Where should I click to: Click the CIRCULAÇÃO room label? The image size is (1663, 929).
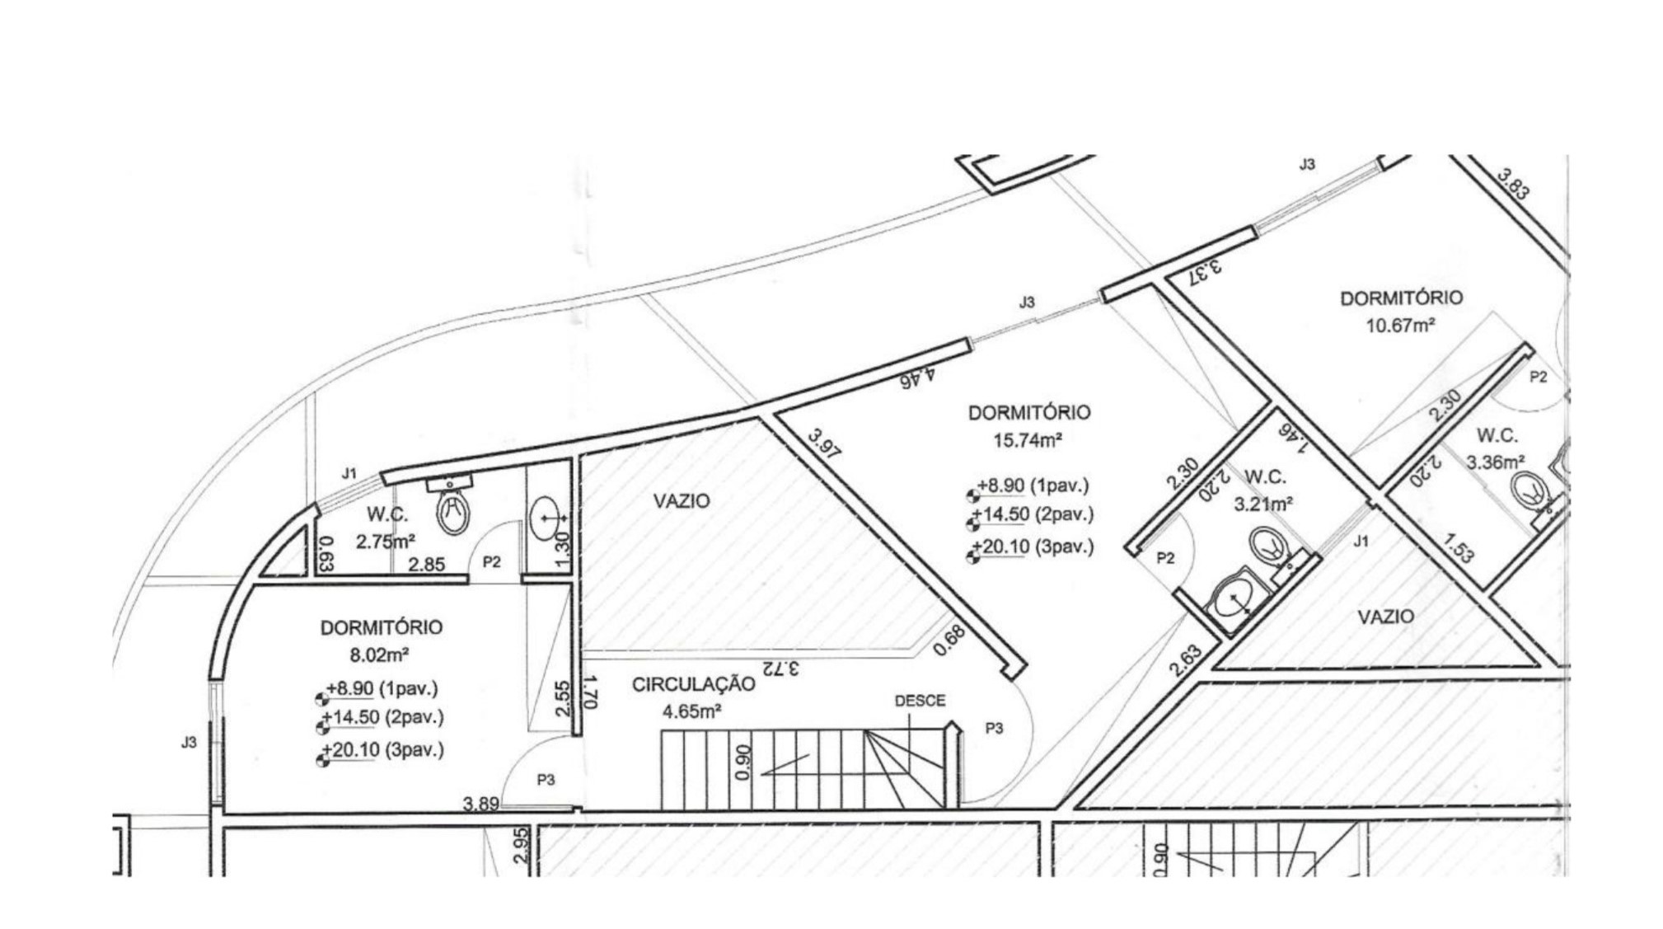coord(693,684)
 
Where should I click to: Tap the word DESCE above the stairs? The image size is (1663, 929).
coord(920,701)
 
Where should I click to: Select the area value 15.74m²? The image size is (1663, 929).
coord(1027,440)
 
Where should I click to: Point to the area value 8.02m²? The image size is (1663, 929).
coord(380,655)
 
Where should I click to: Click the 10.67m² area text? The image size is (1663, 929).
coord(1400,326)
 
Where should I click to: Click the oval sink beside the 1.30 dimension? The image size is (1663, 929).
coord(546,518)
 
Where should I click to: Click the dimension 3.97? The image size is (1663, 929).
coord(825,444)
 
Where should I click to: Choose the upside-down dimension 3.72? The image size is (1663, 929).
coord(782,668)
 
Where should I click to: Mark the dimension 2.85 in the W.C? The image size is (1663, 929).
coord(427,565)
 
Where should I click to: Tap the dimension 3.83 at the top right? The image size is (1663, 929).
coord(1515,184)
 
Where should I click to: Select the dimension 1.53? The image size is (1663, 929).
coord(1458,548)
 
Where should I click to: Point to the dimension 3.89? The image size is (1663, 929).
coord(480,804)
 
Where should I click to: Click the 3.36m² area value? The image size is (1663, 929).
coord(1496,462)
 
